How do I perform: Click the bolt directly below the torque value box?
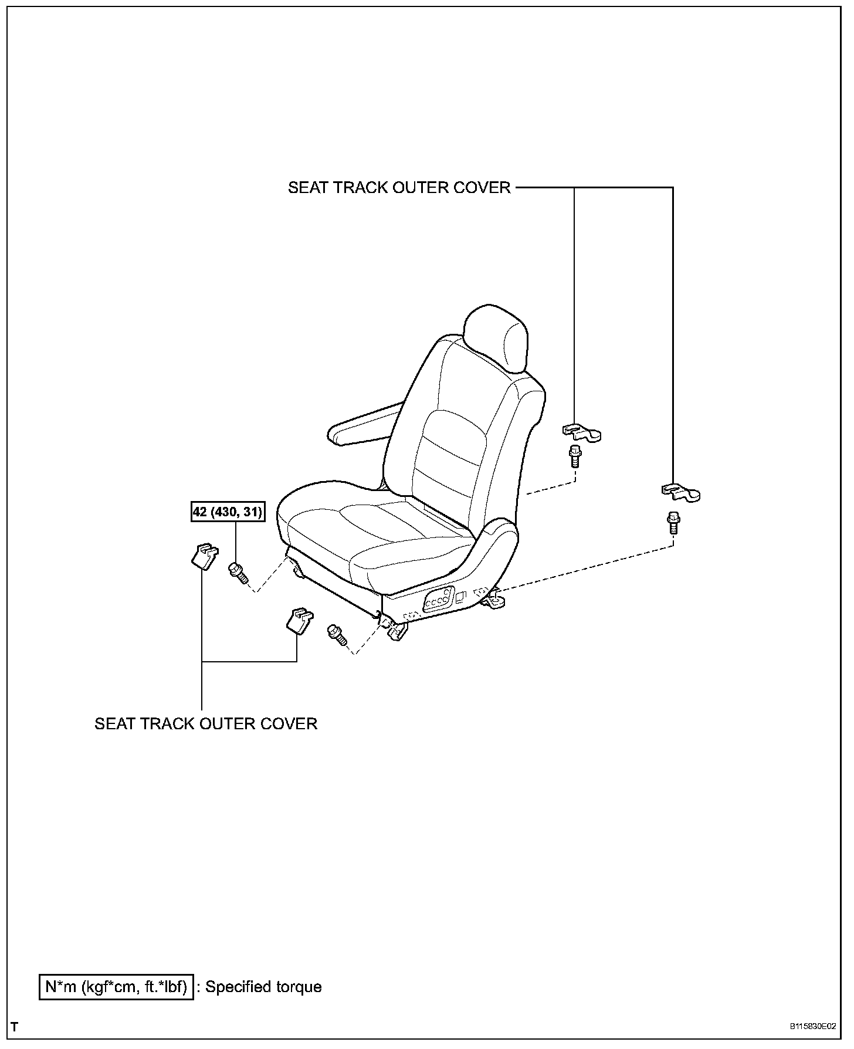pos(237,571)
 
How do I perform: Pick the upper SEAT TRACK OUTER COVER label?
pos(399,188)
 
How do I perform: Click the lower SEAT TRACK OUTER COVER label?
pos(206,723)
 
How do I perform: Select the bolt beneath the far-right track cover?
pos(673,522)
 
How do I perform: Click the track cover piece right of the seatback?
pos(582,432)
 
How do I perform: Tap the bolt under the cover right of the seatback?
pos(574,456)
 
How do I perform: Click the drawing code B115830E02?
pos(812,1027)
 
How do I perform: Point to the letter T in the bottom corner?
pos(15,1027)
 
